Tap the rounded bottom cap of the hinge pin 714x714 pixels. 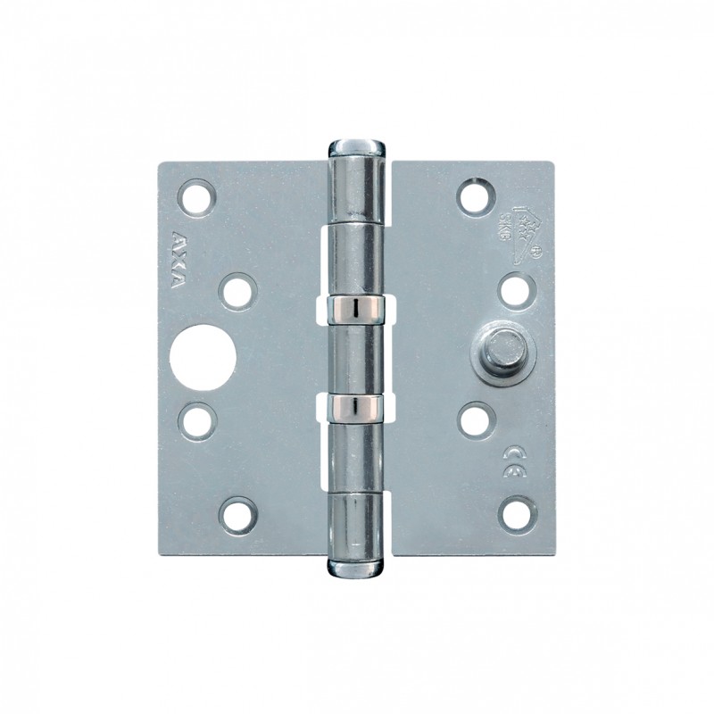(x=357, y=566)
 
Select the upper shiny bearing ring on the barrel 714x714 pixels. (x=357, y=307)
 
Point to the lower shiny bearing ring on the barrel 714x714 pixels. (x=357, y=407)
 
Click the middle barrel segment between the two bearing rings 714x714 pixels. (x=357, y=357)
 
